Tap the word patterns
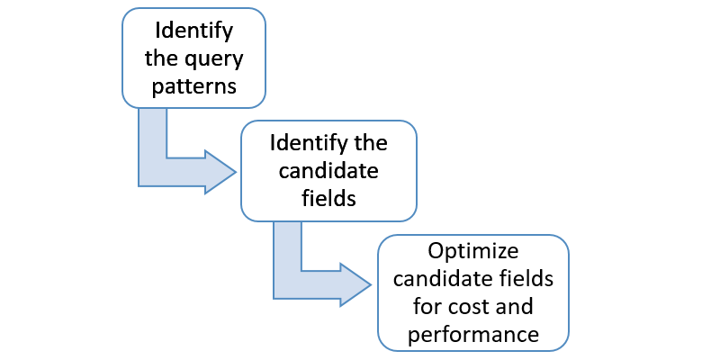coord(193,87)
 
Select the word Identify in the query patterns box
coord(193,31)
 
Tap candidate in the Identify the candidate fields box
coord(328,171)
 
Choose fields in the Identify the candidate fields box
coord(328,199)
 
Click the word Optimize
coord(472,250)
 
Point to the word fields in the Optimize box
coord(529,279)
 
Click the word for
coord(428,307)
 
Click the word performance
coord(472,335)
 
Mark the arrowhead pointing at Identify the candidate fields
coord(221,171)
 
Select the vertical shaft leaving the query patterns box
coord(152,135)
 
